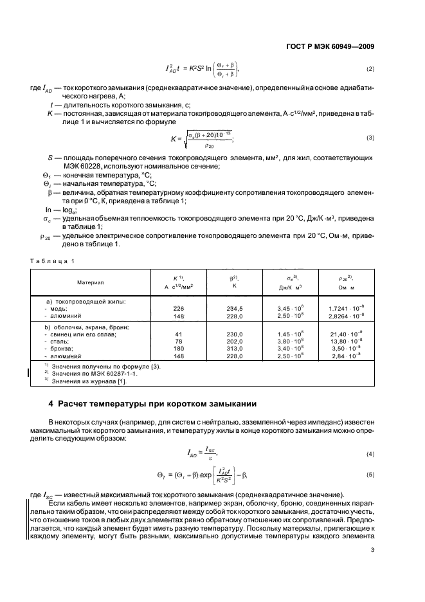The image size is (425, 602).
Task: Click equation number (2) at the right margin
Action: tap(370, 68)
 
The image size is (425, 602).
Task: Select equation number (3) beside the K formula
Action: tap(370, 138)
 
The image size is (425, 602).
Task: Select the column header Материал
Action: tap(91, 282)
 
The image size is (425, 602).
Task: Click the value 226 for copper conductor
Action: tap(179, 308)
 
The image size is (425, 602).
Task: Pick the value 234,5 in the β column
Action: tap(235, 308)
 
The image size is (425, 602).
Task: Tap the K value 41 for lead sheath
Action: tap(179, 334)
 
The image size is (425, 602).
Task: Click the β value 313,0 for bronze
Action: tap(235, 348)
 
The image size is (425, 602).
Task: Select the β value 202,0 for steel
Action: tap(235, 341)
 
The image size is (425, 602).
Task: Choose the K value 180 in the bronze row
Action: tap(179, 348)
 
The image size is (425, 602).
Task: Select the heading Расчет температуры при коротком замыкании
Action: tap(156, 404)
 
